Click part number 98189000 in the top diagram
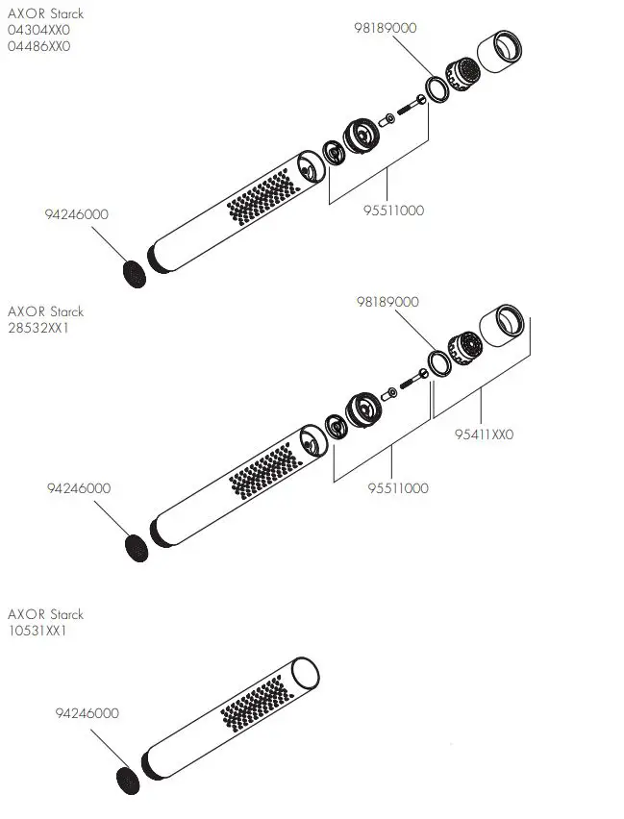386,28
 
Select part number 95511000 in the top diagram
392,211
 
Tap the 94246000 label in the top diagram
77,214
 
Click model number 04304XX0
38,30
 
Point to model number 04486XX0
38,45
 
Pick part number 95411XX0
484,434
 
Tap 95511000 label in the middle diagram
398,488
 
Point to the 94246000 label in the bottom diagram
87,713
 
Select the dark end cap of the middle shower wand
137,547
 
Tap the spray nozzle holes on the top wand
260,197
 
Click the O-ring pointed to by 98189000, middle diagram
439,364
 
